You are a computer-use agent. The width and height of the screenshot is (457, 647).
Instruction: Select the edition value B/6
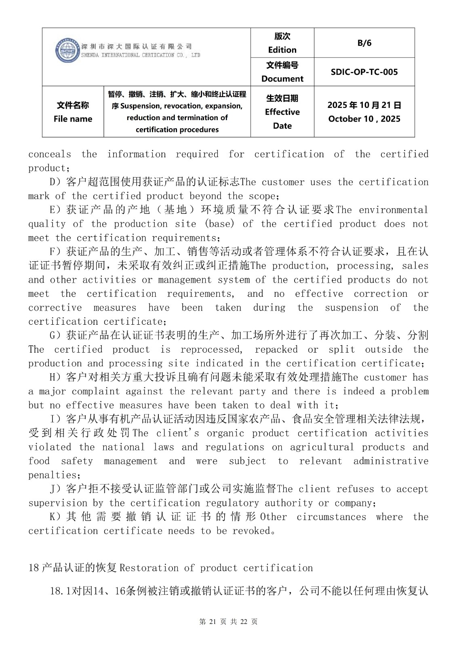364,43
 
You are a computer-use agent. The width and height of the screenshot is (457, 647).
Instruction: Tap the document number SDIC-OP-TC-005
364,72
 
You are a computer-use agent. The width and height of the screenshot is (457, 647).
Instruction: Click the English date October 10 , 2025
364,119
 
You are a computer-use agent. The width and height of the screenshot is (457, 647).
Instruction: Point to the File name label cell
73,112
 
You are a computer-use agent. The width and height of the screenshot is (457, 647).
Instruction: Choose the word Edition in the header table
282,50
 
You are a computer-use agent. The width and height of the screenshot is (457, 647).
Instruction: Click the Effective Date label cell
282,112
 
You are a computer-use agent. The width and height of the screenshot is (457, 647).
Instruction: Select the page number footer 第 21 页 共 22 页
228,622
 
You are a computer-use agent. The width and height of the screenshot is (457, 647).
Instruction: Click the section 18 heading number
34,568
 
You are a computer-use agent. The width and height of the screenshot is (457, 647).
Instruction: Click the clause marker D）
55,182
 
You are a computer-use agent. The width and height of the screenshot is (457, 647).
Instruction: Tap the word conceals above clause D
49,154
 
